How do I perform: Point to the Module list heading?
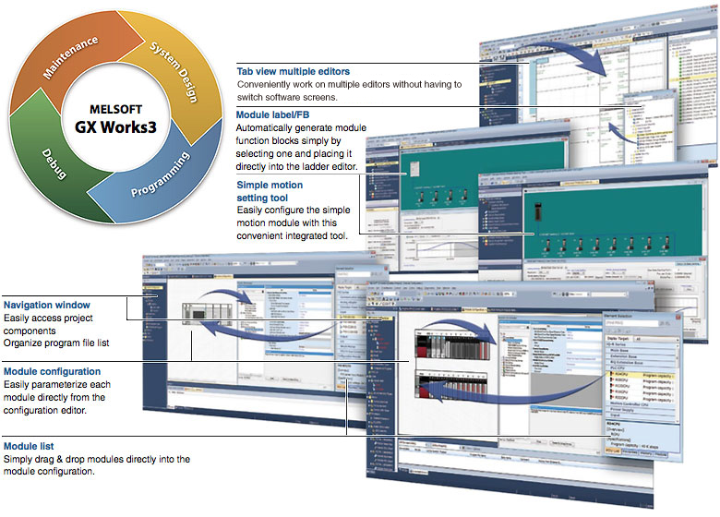point(30,445)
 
